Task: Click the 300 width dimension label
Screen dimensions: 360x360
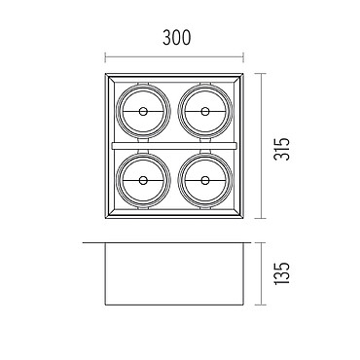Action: pos(177,38)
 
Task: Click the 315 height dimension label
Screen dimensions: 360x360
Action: pos(281,149)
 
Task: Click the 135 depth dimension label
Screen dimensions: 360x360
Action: pos(281,273)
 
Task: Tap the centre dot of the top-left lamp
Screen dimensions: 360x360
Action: pos(143,112)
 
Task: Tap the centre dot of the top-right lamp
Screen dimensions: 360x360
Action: pos(205,112)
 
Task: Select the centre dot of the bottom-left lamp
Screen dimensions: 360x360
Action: pos(143,180)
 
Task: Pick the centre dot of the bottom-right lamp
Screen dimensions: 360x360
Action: pos(205,180)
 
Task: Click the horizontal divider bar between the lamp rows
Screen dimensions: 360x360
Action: pos(174,146)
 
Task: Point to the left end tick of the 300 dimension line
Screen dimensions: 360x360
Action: pos(105,57)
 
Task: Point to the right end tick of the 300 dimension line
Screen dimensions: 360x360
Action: pos(243,57)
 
